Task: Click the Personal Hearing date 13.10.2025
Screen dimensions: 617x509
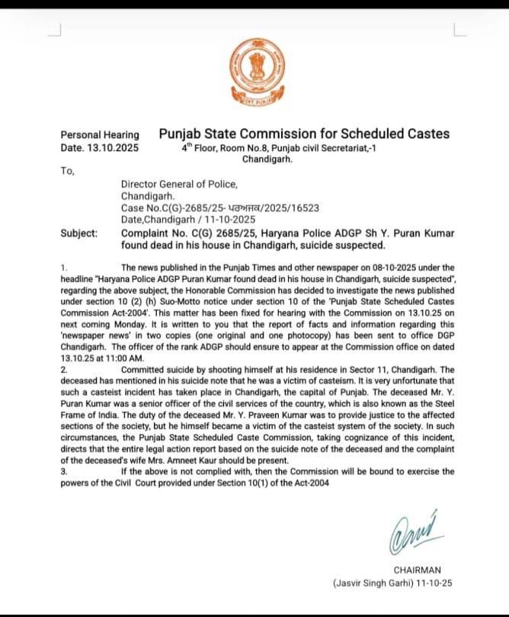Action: pos(99,148)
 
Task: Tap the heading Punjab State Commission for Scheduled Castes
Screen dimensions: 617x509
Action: pos(304,133)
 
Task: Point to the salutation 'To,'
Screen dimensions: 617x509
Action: pos(67,171)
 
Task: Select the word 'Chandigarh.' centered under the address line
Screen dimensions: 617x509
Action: pos(267,160)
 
